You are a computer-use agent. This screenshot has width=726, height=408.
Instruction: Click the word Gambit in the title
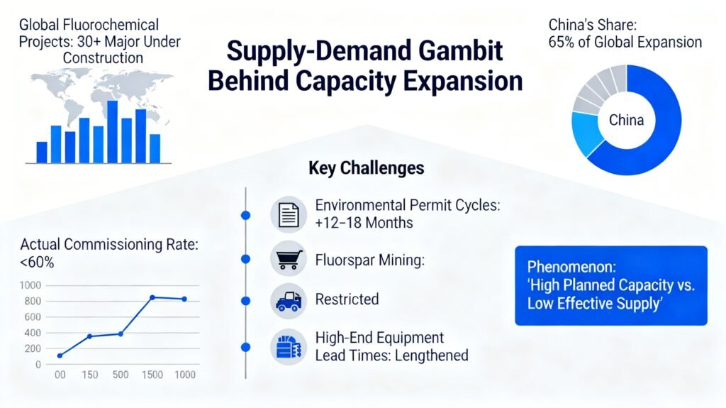(x=460, y=50)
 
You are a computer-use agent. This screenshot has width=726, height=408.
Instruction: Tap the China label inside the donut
(x=626, y=120)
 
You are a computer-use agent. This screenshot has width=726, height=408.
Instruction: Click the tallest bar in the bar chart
(x=112, y=132)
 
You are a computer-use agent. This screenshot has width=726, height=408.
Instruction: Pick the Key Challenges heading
(x=367, y=168)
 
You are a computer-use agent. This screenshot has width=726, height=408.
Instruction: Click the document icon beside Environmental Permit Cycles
(x=289, y=215)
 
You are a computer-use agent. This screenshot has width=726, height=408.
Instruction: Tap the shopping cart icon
(x=289, y=259)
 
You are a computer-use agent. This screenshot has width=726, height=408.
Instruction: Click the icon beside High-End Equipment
(x=289, y=347)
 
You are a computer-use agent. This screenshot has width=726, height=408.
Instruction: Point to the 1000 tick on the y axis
(x=30, y=285)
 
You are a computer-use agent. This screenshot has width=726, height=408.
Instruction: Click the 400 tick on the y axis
(x=33, y=333)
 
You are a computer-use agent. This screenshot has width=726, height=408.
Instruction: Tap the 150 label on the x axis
(x=90, y=375)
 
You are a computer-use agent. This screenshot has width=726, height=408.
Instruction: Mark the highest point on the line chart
(x=152, y=297)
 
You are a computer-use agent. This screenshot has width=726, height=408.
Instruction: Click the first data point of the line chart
(x=60, y=355)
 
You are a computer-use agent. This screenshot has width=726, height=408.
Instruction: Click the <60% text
(x=37, y=263)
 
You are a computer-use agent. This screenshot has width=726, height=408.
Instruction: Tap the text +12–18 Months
(x=364, y=223)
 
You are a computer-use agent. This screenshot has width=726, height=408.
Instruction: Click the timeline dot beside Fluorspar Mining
(x=246, y=259)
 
